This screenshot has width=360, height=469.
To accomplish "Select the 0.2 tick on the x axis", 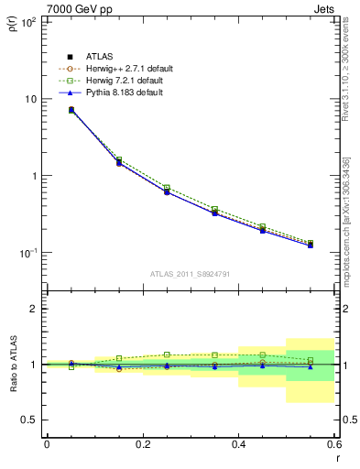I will tap(143, 444).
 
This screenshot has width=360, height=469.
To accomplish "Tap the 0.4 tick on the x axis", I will tap(238, 444).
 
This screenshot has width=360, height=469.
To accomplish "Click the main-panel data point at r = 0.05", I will tap(71, 110).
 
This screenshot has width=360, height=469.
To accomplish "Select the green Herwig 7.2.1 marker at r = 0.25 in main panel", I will tap(167, 187).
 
